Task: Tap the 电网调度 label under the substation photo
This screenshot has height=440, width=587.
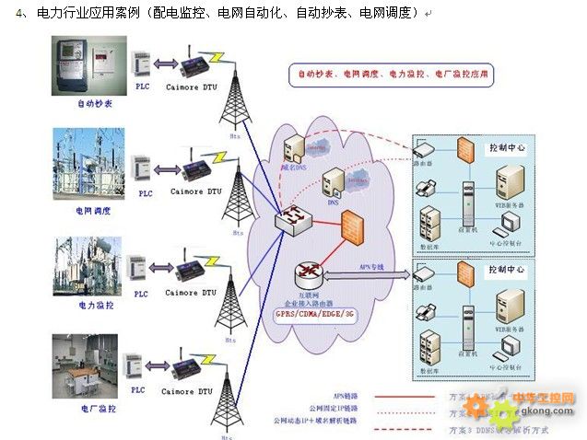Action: point(93,211)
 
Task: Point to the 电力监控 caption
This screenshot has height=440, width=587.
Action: point(96,305)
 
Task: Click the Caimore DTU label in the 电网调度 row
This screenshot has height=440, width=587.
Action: point(195,191)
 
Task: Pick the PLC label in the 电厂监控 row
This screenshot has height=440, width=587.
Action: point(139,390)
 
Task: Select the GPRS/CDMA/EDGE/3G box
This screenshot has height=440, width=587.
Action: point(313,315)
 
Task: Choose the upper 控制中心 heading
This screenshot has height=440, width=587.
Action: point(507,147)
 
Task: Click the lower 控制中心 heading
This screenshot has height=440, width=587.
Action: point(507,270)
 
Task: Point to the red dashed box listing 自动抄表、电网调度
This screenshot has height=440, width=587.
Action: point(393,72)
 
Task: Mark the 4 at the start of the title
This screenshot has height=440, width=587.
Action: point(20,14)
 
